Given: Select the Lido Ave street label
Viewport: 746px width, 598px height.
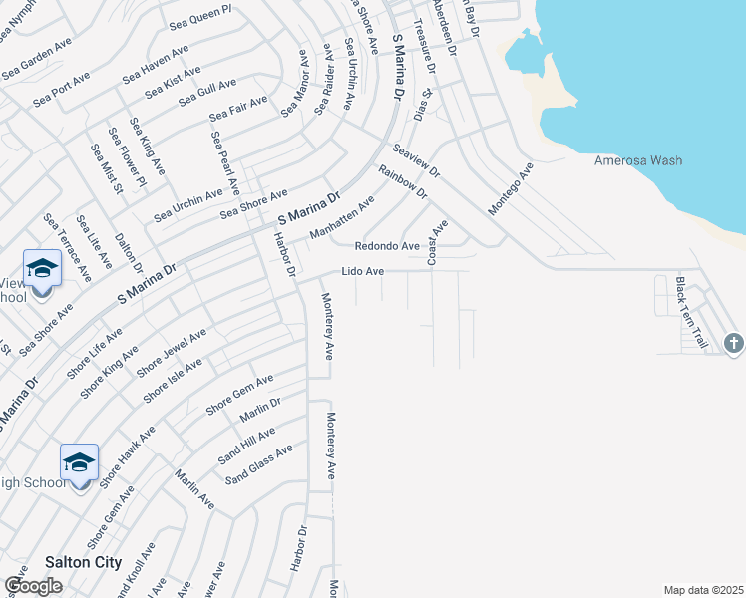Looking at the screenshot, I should [362, 271].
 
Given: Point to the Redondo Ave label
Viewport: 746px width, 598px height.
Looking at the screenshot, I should [388, 245].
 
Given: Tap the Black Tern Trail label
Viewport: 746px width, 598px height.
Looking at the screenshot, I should [691, 312].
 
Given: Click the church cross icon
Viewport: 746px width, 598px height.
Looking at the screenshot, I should [733, 344].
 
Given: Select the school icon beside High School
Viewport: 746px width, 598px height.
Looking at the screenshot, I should [79, 462].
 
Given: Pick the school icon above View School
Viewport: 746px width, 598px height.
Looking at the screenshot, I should [42, 268].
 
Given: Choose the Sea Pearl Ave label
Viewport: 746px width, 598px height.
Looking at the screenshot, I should [225, 162].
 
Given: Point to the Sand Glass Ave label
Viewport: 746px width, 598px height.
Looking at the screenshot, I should [258, 464].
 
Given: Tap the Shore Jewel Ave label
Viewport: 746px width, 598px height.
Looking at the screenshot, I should [171, 353].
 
